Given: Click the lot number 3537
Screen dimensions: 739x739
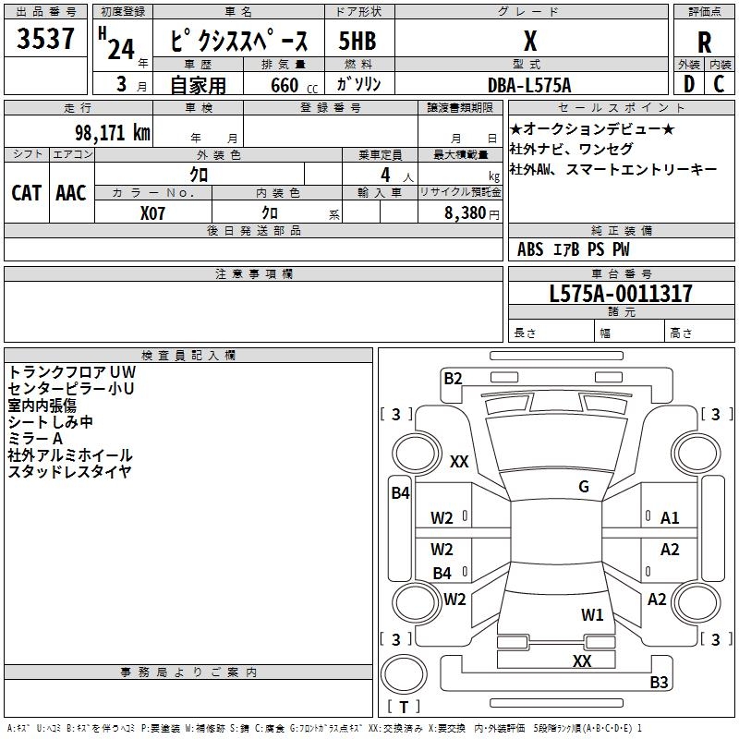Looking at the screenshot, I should (46, 40).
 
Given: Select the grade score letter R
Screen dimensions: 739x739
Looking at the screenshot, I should (705, 42).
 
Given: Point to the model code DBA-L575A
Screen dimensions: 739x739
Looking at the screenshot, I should (529, 85).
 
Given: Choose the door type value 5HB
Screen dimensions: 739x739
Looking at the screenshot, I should (357, 42).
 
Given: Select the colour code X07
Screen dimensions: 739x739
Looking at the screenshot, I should (153, 212).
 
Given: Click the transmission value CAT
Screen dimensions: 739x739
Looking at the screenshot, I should (27, 193).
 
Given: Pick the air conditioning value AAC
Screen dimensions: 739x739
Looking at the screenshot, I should (71, 193).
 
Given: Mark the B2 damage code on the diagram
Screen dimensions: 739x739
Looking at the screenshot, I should (453, 377).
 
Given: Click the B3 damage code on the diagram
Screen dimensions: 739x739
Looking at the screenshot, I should (659, 683).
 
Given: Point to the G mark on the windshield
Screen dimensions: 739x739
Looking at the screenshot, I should (584, 487).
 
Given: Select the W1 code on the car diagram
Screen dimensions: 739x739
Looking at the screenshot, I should (592, 614).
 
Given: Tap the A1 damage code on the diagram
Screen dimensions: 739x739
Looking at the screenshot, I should (670, 518).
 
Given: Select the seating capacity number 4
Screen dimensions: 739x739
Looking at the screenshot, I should (384, 175).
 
